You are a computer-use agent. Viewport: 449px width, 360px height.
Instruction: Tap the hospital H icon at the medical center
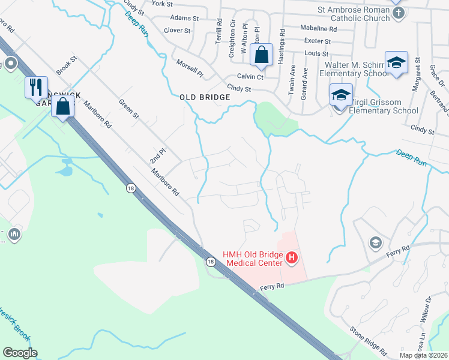pyautogui.click(x=292, y=258)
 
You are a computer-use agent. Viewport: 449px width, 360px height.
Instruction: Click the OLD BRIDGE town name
pyautogui.click(x=205, y=97)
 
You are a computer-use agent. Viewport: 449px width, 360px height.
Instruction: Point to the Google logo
pyautogui.click(x=20, y=353)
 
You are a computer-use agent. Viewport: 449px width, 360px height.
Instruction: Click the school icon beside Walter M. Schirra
pyautogui.click(x=396, y=64)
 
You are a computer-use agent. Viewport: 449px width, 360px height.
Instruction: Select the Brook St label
pyautogui.click(x=68, y=66)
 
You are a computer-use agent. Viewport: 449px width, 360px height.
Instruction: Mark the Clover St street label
pyautogui.click(x=177, y=30)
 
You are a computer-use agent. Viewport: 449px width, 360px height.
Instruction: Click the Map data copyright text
pyautogui.click(x=424, y=355)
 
